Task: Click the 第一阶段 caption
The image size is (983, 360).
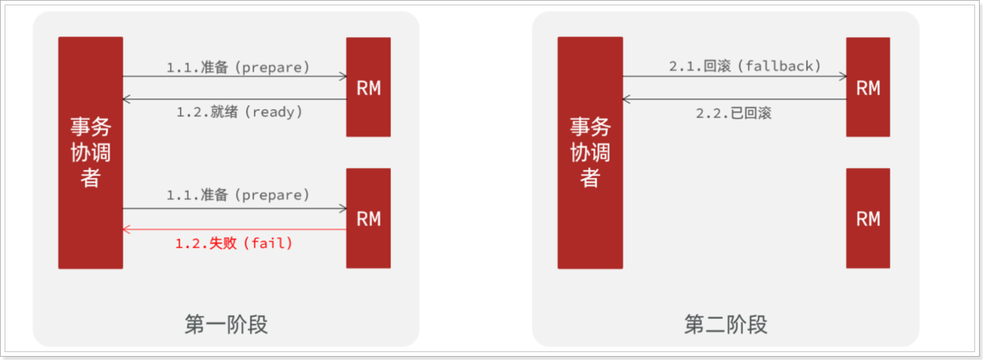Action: tap(226, 324)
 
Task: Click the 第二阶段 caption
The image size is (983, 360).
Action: tap(725, 324)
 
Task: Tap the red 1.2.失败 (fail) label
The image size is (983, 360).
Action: tap(234, 243)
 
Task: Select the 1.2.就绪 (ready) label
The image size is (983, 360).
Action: tap(239, 112)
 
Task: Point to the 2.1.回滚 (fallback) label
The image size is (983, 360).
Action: tap(745, 66)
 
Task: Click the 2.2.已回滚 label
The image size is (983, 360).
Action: tap(733, 113)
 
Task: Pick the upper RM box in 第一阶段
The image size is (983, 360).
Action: tap(368, 87)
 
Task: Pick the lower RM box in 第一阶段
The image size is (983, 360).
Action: tap(368, 218)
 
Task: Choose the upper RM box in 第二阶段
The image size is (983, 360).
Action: tap(868, 87)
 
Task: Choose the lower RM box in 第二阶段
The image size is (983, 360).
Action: tap(868, 218)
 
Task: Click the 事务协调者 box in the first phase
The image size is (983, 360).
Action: tap(91, 153)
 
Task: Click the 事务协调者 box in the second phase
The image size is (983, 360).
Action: tap(590, 153)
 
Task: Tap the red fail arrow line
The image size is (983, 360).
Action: tap(235, 229)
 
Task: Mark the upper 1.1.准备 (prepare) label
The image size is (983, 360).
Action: tap(238, 67)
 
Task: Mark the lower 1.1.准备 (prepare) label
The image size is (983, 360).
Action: tap(238, 195)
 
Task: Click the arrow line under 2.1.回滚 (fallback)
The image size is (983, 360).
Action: tap(735, 77)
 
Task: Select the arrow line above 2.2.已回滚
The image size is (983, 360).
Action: tap(735, 99)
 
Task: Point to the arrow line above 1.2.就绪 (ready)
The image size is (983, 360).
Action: tap(235, 99)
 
